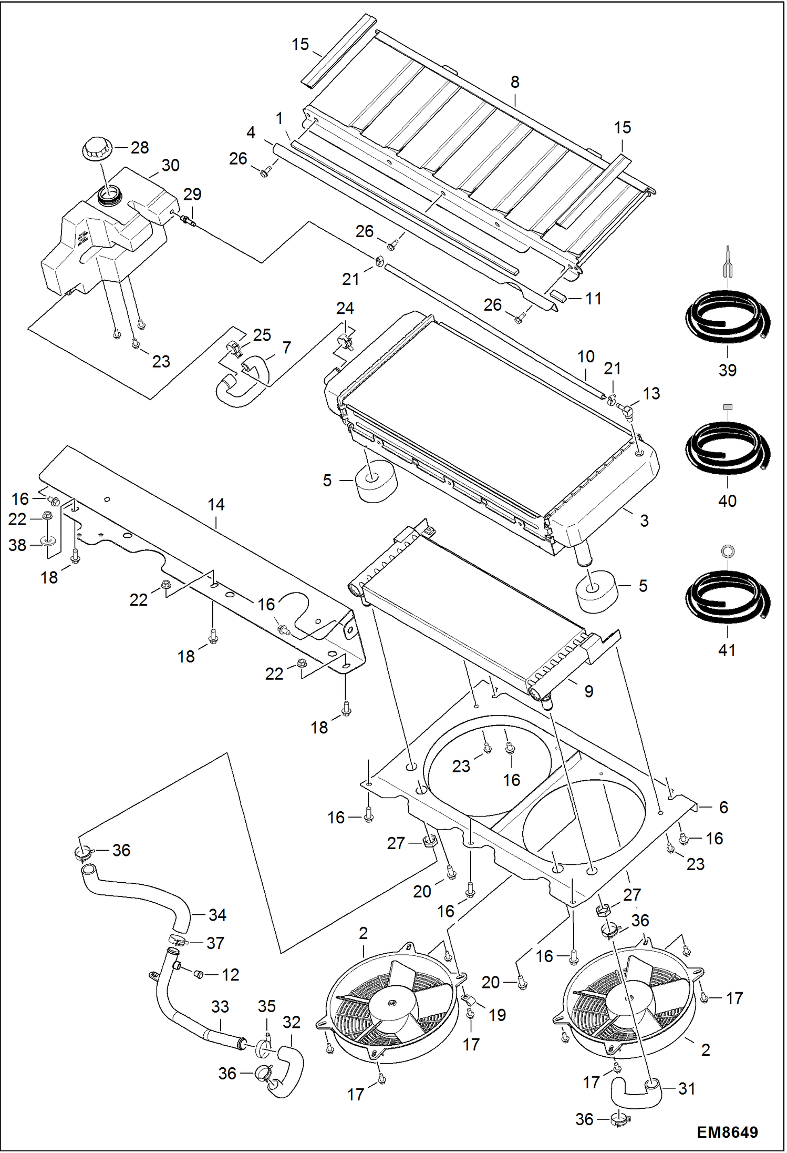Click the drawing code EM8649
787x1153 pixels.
click(727, 1131)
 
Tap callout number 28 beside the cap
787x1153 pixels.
click(140, 147)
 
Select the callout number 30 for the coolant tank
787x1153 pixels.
click(170, 165)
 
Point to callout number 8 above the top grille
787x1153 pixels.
click(515, 82)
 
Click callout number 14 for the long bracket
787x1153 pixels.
click(216, 505)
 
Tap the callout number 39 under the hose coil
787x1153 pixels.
click(728, 370)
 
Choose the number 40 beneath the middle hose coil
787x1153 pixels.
click(728, 501)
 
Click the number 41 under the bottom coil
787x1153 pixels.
click(727, 650)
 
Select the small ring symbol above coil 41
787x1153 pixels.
click(728, 552)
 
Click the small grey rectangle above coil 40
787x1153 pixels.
click(728, 407)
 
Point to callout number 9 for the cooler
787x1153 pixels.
click(589, 691)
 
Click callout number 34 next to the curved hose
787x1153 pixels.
click(217, 915)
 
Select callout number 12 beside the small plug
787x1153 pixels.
click(230, 975)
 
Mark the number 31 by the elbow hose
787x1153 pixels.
click(687, 1089)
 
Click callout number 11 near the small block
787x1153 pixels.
click(593, 299)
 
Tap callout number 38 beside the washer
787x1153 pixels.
click(17, 545)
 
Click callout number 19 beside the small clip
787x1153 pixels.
click(497, 1015)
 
